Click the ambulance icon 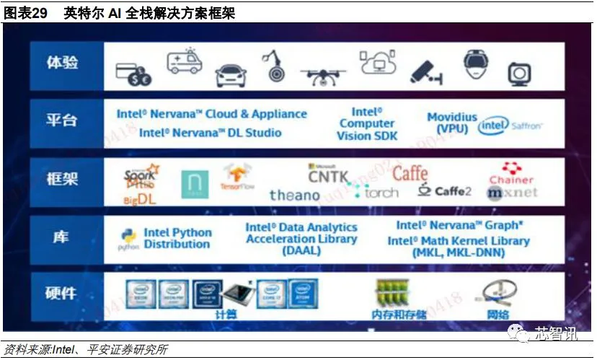pyautogui.click(x=185, y=62)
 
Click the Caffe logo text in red pyautogui.click(x=410, y=173)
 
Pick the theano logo pyautogui.click(x=294, y=195)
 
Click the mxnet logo pyautogui.click(x=511, y=193)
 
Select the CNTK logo pyautogui.click(x=328, y=174)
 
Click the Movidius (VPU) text pyautogui.click(x=452, y=123)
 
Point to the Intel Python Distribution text pyautogui.click(x=177, y=238)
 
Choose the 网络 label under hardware pyautogui.click(x=497, y=315)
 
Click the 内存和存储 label pyautogui.click(x=399, y=315)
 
